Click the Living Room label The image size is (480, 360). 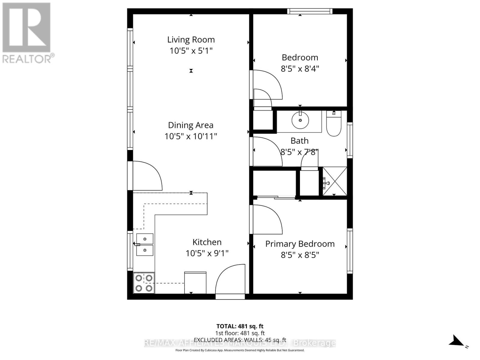point(191,40)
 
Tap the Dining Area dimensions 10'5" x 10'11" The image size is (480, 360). point(191,136)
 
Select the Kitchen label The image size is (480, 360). point(207,242)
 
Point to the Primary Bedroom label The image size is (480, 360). point(300,244)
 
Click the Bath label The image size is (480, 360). point(299,141)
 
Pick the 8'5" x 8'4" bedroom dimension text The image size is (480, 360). point(300,69)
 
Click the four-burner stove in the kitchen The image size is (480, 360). point(144,283)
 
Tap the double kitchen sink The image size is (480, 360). point(145,245)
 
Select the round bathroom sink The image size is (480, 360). point(300,120)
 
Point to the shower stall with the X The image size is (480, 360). point(334,181)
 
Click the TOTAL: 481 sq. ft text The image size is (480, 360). point(240,326)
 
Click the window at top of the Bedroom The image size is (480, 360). point(310,11)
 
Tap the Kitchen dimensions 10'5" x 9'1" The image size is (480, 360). point(207,253)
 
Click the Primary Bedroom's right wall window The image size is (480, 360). point(350,250)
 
